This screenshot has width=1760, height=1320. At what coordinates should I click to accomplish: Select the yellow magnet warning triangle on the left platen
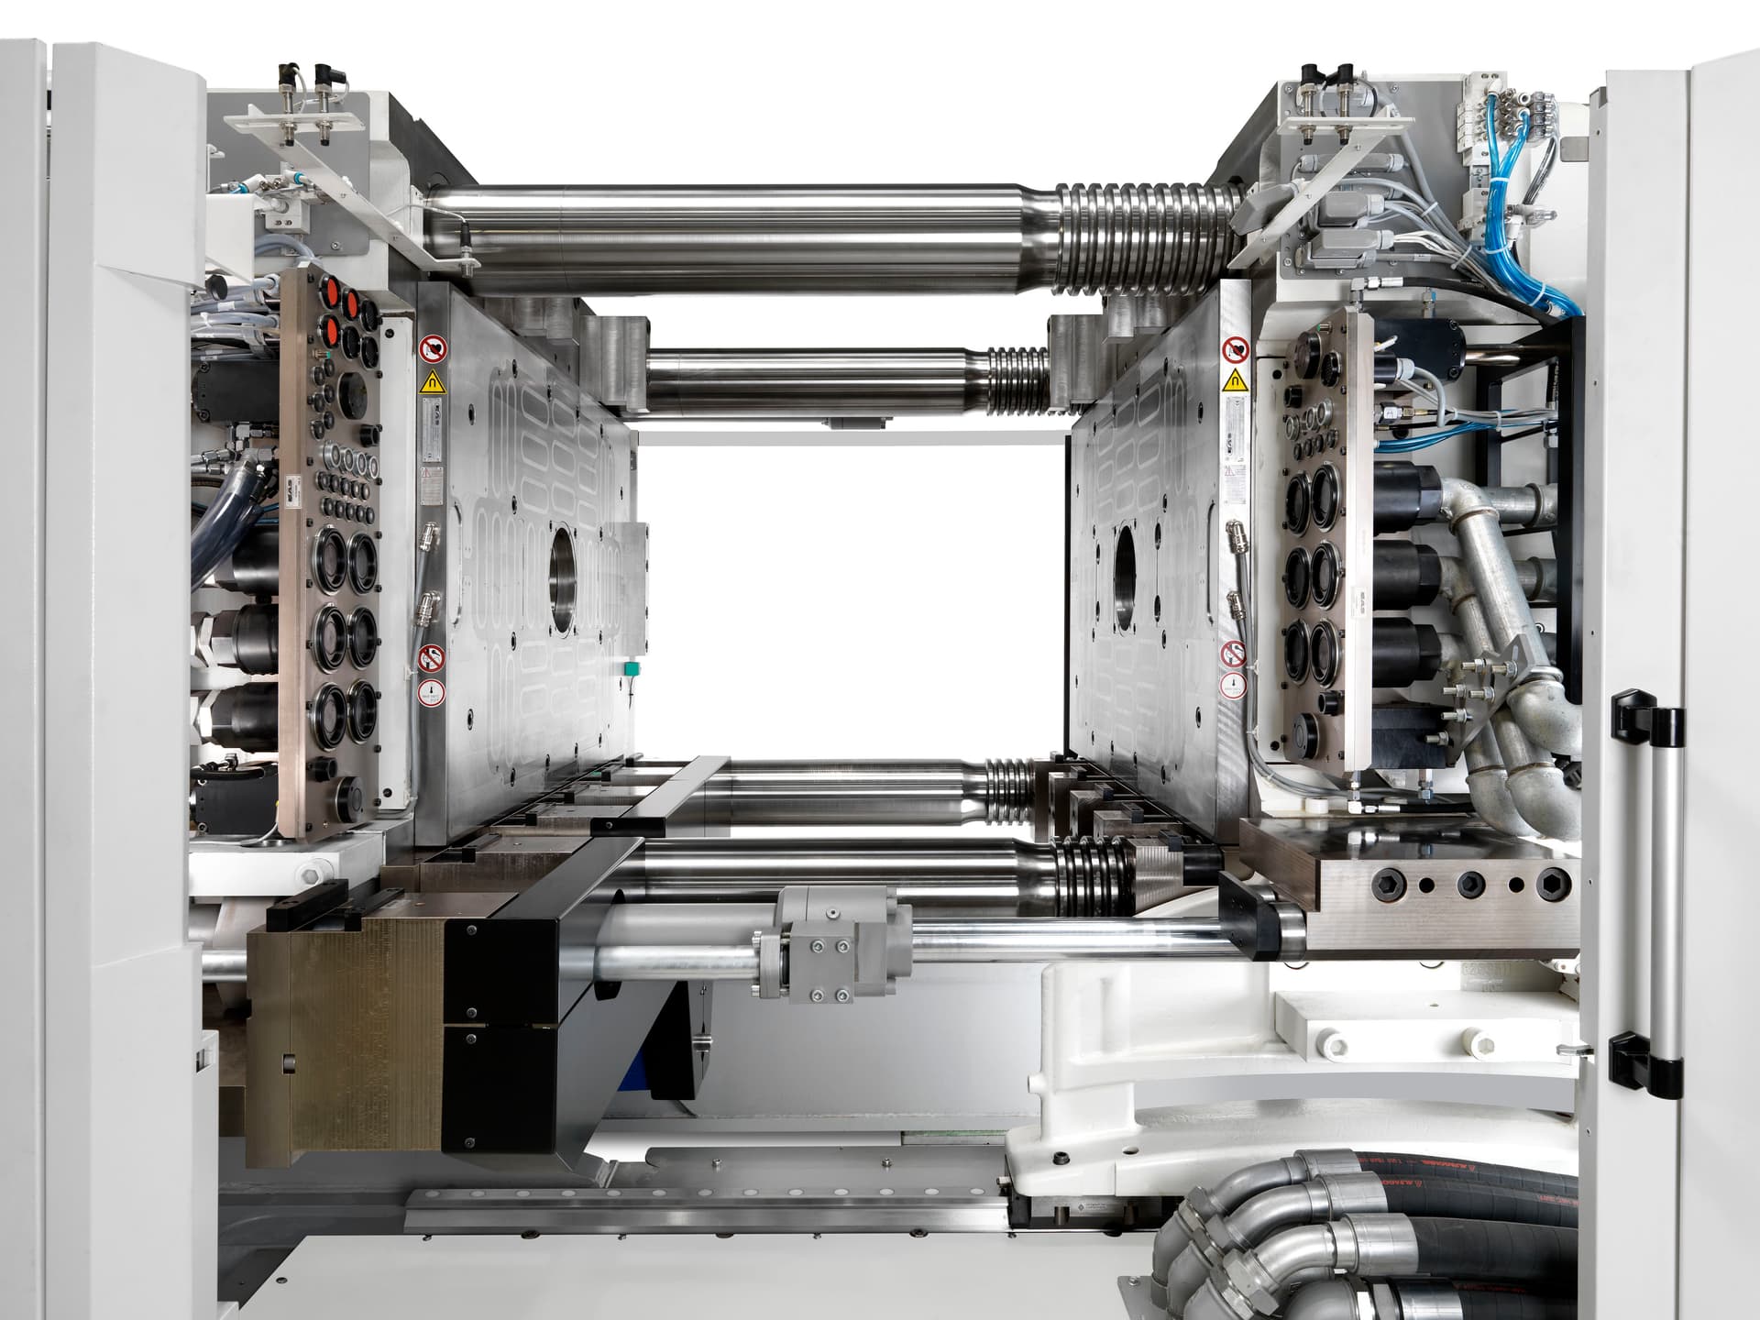(429, 382)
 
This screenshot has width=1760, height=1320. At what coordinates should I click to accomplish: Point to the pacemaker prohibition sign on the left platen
(430, 349)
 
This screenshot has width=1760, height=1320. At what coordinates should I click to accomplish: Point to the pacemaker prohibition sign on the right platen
(1236, 348)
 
